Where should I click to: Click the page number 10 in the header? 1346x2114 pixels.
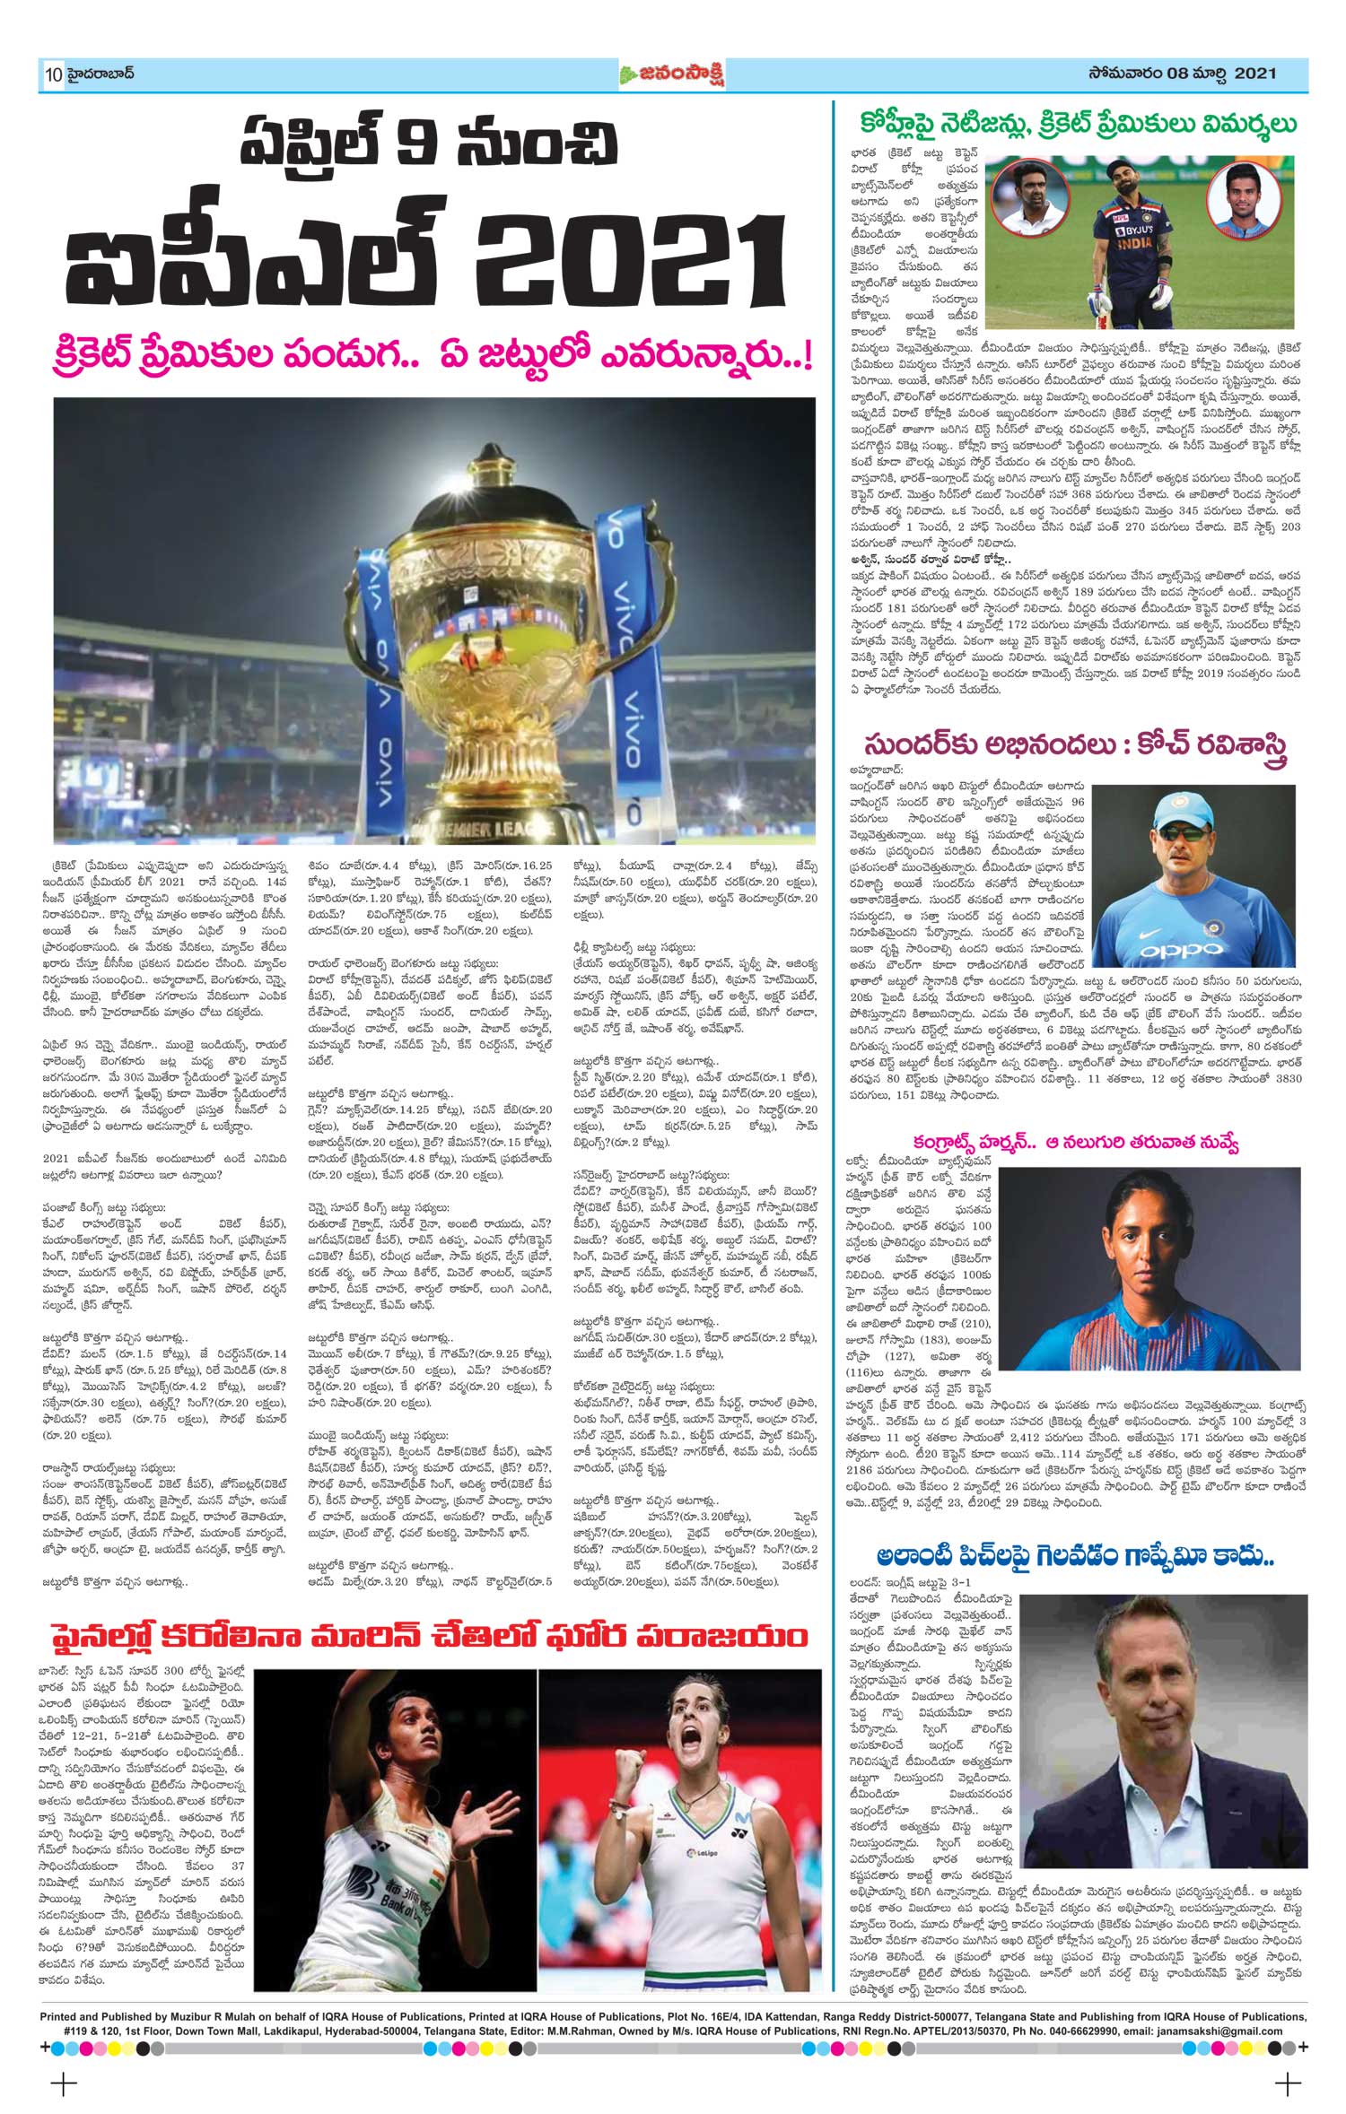[53, 75]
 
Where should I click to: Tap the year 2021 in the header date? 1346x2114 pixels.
[1254, 74]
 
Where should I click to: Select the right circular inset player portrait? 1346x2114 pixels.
[1243, 202]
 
